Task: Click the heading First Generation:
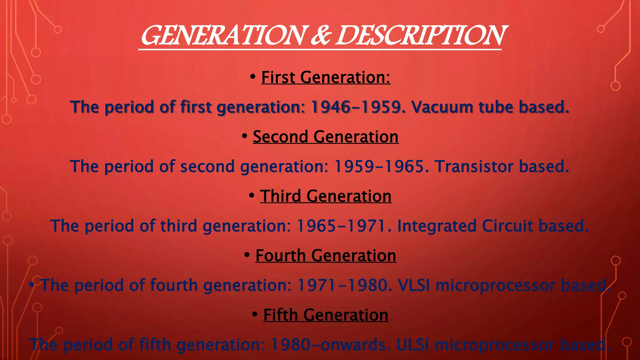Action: [x=326, y=77]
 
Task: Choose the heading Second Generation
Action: [x=326, y=137]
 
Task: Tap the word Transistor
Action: [x=474, y=166]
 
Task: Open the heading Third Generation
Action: [x=326, y=196]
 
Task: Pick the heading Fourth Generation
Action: [x=326, y=255]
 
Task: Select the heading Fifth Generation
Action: [x=326, y=315]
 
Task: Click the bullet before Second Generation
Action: [x=245, y=136]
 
